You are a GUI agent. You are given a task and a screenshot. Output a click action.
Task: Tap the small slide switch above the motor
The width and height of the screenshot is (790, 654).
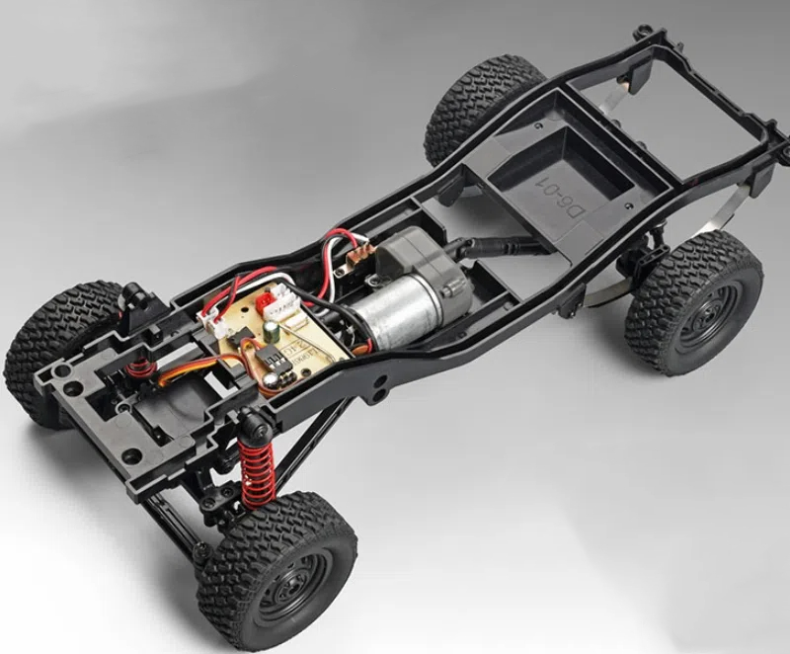tap(350, 258)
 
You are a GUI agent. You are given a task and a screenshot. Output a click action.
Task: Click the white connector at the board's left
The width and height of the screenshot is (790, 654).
tap(212, 315)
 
